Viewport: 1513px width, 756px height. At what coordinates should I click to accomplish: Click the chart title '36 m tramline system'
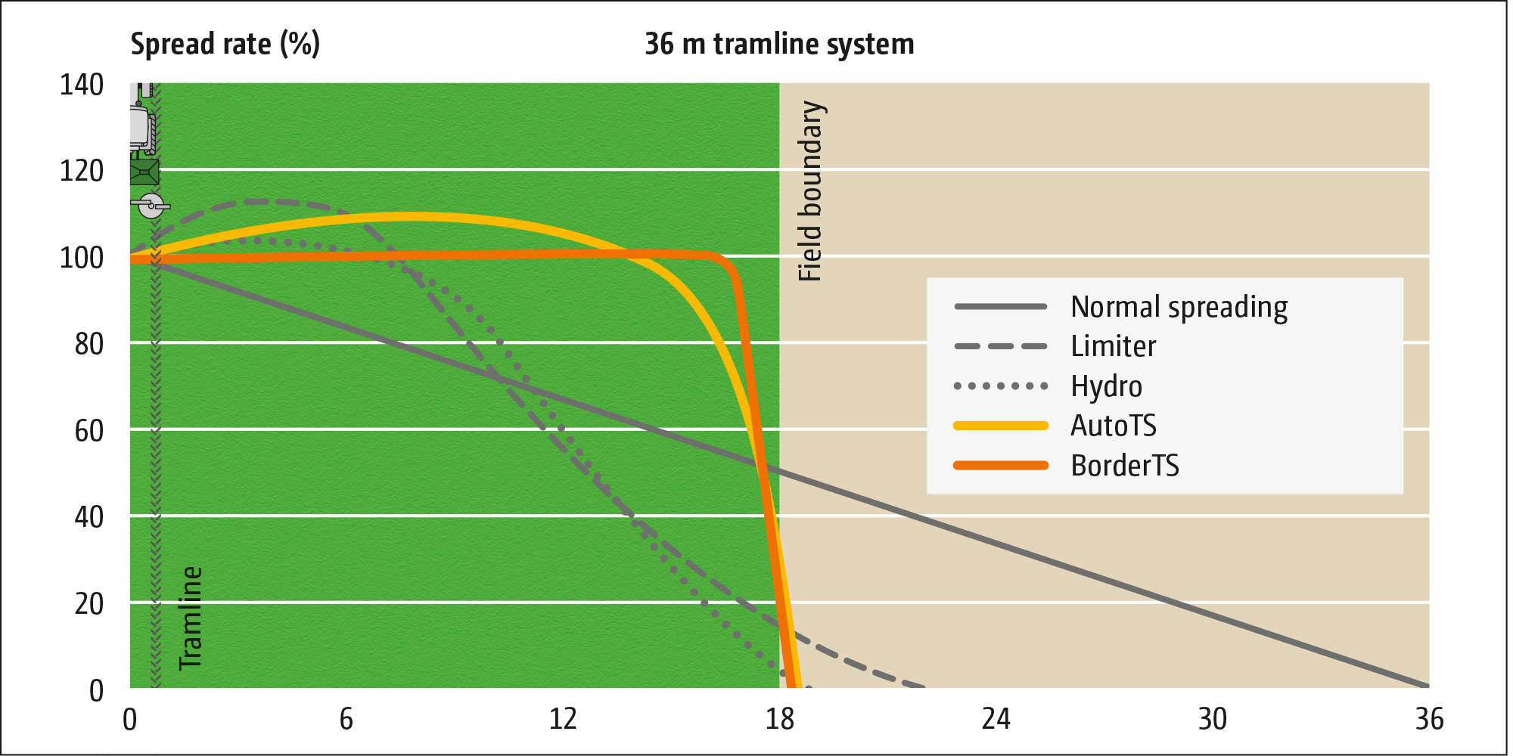point(779,44)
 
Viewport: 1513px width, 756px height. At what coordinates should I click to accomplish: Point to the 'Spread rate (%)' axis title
point(225,44)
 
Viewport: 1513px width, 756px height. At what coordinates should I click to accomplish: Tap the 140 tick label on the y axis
point(82,85)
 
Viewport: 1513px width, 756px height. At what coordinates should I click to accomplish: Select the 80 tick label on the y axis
point(89,345)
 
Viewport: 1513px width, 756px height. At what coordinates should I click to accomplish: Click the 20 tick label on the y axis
point(89,604)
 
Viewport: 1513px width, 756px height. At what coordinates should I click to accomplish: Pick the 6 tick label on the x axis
point(346,719)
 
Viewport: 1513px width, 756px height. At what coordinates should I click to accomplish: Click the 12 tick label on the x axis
point(563,719)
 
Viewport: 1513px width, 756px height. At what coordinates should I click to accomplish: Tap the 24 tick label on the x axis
point(996,719)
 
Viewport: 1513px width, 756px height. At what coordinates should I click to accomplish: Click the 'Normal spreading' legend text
point(1179,308)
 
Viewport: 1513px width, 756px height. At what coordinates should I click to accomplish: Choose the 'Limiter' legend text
point(1113,347)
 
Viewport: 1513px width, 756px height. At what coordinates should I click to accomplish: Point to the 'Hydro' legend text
point(1106,386)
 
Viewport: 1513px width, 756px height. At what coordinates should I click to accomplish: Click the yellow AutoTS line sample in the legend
point(1001,426)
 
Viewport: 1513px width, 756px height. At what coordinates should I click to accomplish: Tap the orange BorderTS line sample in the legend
point(1001,465)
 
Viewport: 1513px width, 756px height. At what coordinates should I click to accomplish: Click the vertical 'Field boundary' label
point(810,191)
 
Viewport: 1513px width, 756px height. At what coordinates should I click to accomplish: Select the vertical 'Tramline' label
point(191,618)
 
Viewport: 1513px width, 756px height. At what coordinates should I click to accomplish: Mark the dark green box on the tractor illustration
point(144,172)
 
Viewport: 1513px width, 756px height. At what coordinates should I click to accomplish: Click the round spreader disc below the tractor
point(151,206)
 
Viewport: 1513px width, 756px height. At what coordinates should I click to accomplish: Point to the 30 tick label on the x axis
point(1212,719)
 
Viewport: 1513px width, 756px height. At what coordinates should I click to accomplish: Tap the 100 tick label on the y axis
point(82,258)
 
